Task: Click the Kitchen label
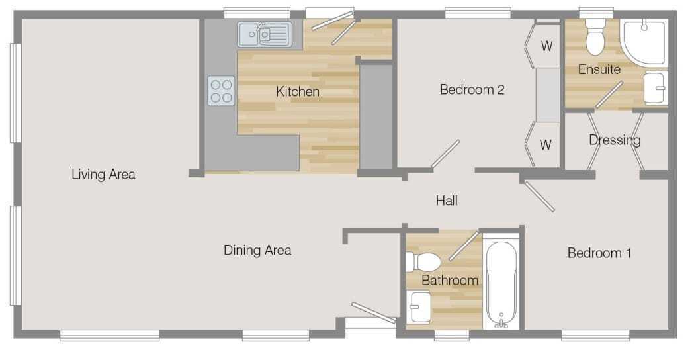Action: [x=298, y=92]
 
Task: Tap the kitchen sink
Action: [x=265, y=34]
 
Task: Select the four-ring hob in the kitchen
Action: [x=221, y=91]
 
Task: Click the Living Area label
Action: [x=104, y=174]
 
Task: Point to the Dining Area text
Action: [x=257, y=250]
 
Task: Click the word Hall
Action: [x=447, y=201]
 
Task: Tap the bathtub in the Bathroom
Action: [x=501, y=284]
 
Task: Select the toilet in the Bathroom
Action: [x=423, y=262]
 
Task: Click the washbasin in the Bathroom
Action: [x=418, y=307]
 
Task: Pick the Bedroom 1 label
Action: [x=599, y=253]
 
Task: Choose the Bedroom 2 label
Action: [x=472, y=89]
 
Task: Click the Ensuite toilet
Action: [x=595, y=37]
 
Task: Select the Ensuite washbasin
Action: [x=656, y=88]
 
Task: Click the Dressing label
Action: [x=615, y=140]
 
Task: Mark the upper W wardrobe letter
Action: [x=546, y=46]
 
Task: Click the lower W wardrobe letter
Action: [x=546, y=144]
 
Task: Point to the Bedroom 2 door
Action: [x=446, y=154]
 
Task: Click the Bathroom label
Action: [x=450, y=281]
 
